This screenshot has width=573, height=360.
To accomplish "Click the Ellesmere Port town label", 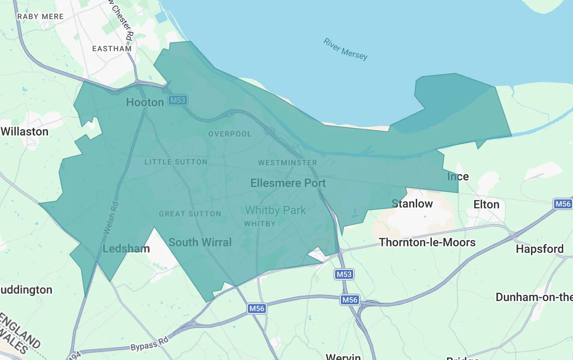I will [x=288, y=183].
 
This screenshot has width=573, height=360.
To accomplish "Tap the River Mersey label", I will [x=345, y=49].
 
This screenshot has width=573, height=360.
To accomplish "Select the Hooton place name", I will [x=145, y=102].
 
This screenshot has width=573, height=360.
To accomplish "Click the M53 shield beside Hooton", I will [x=178, y=100].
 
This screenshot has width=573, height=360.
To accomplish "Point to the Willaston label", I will [x=25, y=131].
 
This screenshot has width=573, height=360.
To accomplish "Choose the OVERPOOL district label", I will [x=230, y=134].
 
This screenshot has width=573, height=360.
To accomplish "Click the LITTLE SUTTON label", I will [x=176, y=162].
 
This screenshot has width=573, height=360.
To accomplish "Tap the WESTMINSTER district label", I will [x=287, y=163].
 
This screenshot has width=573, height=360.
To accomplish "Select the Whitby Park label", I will [x=275, y=210].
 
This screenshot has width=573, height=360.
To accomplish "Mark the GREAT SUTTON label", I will [x=190, y=214].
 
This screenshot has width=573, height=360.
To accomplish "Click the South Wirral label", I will [x=200, y=242].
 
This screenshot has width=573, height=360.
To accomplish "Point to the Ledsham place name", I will [x=126, y=248].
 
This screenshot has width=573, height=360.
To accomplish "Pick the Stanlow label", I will [x=412, y=203].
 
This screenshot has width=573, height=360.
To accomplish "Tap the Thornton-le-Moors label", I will [x=427, y=242].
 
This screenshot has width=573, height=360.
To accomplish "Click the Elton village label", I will [x=486, y=204].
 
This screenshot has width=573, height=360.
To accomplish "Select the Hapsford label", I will [x=540, y=249].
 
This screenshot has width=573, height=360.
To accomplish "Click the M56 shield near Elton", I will [x=563, y=204].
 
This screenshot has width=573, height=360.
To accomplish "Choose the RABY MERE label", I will [x=40, y=16].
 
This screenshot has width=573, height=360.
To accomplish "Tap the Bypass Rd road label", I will [x=149, y=344].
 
